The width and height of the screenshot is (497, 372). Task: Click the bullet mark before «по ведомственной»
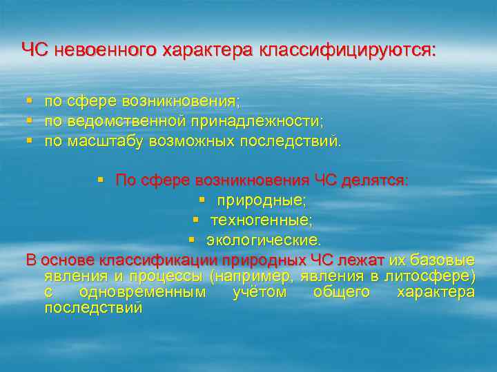(x=29, y=121)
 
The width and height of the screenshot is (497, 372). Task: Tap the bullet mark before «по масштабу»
(x=29, y=141)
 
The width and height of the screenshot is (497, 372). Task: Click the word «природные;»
(x=262, y=200)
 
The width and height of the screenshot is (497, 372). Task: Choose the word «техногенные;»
(x=262, y=220)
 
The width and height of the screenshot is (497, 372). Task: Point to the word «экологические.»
(x=264, y=240)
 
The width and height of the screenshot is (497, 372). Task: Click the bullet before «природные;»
(x=202, y=200)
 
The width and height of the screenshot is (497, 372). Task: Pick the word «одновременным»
(x=142, y=292)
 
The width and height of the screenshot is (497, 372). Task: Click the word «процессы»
(x=169, y=276)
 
